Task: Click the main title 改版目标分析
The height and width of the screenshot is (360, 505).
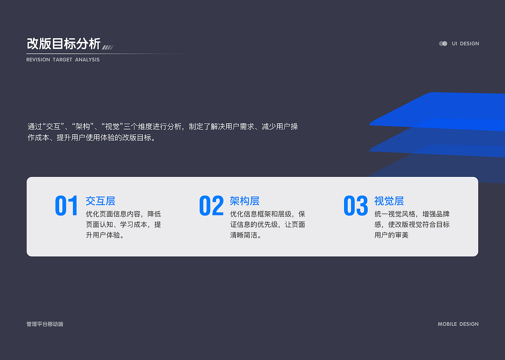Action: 64,44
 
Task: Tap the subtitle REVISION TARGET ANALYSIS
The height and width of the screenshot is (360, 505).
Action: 63,60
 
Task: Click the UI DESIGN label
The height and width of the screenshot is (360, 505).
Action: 465,44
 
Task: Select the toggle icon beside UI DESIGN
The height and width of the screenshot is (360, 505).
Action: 443,44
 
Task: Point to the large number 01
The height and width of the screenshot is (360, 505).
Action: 67,206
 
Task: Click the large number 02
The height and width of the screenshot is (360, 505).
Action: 211,206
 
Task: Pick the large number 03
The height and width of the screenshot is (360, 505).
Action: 355,206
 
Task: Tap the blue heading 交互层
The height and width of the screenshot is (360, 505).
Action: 100,201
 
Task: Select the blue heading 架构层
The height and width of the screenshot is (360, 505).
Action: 245,201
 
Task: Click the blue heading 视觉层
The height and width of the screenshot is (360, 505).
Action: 389,201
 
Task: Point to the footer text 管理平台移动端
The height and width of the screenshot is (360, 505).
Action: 45,324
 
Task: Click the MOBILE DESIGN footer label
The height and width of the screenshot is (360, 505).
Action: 458,324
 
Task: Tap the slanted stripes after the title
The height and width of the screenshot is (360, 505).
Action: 108,47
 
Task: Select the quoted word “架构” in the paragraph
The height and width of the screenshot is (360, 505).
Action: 82,127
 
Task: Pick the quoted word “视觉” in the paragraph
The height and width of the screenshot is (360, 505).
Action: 112,127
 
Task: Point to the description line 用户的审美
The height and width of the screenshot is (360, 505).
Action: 391,235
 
